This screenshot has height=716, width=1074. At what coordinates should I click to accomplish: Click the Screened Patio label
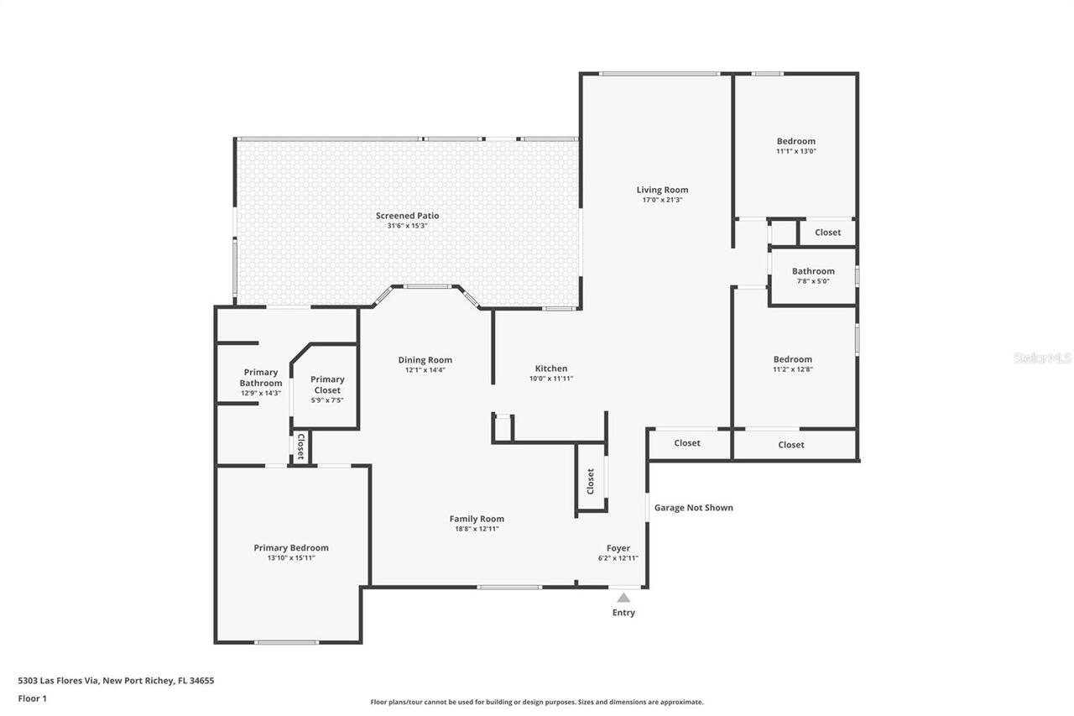[407, 216]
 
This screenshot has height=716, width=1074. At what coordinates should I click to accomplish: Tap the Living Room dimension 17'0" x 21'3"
[662, 201]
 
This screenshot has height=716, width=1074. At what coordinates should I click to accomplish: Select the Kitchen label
[551, 368]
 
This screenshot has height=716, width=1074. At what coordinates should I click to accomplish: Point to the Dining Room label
[425, 360]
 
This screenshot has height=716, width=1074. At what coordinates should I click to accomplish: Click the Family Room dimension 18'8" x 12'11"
[477, 529]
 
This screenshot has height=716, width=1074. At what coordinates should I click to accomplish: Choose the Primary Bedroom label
[291, 548]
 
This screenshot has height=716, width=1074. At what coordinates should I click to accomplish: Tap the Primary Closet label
[327, 384]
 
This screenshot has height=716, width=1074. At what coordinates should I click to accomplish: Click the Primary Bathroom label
[260, 378]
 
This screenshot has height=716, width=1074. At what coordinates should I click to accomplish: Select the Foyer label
[618, 548]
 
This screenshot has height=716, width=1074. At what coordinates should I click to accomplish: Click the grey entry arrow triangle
[623, 598]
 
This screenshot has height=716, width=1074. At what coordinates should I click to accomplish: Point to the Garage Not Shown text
[693, 508]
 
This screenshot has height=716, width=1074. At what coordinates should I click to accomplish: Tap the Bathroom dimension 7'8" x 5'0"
[813, 281]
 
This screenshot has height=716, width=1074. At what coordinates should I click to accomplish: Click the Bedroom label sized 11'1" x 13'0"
[795, 141]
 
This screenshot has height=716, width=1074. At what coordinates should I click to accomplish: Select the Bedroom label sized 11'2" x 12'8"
[792, 359]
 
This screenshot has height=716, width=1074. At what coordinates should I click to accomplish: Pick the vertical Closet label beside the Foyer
[591, 481]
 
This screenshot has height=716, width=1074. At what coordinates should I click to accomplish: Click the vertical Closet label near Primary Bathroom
[300, 447]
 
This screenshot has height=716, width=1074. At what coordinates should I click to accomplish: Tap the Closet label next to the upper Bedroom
[827, 233]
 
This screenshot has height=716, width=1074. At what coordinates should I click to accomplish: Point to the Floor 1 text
[33, 698]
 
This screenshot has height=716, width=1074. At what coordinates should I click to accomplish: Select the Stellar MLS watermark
[1042, 358]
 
